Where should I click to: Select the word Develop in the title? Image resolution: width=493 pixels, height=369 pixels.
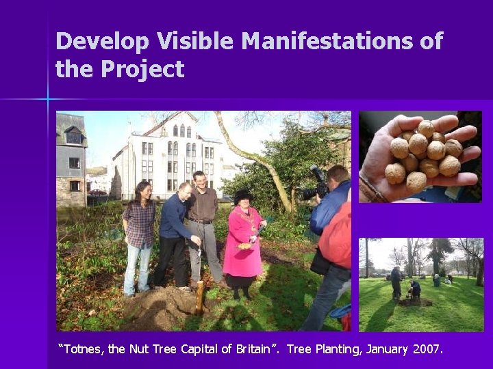pyautogui.click(x=103, y=42)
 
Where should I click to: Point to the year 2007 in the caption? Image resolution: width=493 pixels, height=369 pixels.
pyautogui.click(x=428, y=349)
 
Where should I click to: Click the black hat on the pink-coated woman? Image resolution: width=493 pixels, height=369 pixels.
pyautogui.click(x=243, y=195)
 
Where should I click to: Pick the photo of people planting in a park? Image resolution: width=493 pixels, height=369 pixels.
pyautogui.click(x=421, y=284)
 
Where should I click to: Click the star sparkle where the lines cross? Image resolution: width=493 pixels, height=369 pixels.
pyautogui.click(x=48, y=100)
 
